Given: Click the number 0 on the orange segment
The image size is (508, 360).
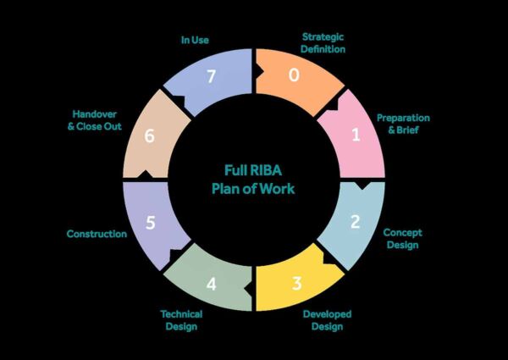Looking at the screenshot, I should [x=294, y=75].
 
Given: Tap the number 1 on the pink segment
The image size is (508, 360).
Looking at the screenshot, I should [x=356, y=133].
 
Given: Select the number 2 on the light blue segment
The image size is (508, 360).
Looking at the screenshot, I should [x=356, y=222].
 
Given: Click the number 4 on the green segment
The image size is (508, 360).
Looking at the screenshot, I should [x=211, y=284].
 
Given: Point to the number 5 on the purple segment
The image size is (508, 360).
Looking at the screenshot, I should [x=150, y=224].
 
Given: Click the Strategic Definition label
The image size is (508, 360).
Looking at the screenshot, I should [x=323, y=43].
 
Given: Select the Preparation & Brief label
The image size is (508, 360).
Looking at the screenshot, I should [x=403, y=124].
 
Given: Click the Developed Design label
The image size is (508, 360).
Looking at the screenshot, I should [x=327, y=318].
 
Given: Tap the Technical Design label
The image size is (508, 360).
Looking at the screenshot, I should [x=181, y=318].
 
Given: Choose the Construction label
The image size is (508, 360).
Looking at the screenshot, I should [x=97, y=233].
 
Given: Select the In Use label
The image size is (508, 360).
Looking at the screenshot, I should [x=195, y=39].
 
